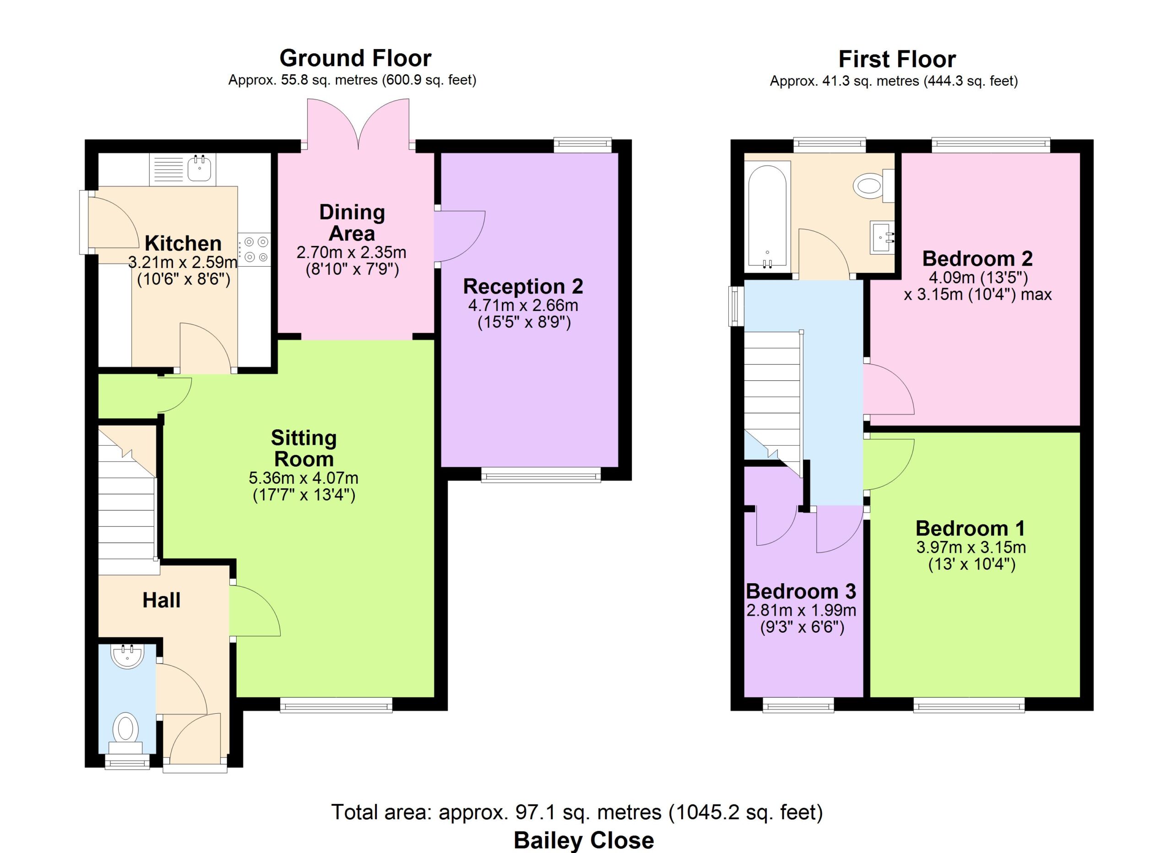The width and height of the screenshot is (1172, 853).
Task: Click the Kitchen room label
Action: tap(183, 243)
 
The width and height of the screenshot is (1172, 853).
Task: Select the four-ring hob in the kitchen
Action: tap(255, 249)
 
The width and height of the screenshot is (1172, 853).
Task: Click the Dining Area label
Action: tap(352, 223)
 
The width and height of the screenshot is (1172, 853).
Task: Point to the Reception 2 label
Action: tap(523, 286)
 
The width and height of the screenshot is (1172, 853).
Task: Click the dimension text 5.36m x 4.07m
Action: tap(304, 478)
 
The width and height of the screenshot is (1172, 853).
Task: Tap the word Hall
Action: tap(161, 600)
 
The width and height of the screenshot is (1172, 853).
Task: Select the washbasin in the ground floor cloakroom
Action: tap(127, 656)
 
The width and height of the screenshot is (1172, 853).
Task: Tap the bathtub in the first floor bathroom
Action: tap(767, 216)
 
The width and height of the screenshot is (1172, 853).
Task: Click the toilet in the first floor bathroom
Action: tap(874, 186)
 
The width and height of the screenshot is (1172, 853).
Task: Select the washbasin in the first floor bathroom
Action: tap(883, 237)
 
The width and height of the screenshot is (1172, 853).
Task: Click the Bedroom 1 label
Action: tap(971, 528)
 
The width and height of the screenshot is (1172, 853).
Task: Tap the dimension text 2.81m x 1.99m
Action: tap(802, 610)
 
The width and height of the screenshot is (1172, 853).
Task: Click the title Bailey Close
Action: tap(584, 841)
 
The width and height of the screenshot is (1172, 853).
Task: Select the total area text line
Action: tap(577, 812)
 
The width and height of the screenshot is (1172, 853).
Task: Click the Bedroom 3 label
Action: tap(801, 591)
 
